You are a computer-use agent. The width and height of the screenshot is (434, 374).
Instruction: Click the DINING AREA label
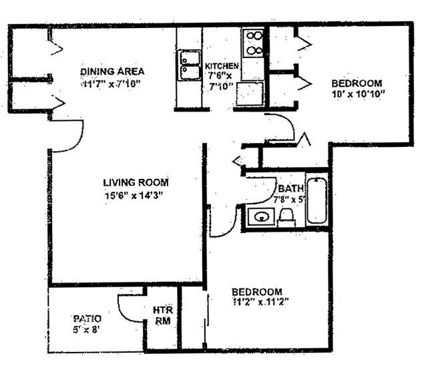pos(112,71)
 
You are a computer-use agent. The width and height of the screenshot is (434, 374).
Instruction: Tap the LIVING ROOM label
pos(136,182)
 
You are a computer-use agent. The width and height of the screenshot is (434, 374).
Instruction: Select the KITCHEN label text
pos(222,66)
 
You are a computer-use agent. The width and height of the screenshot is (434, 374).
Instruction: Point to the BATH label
pos(291,188)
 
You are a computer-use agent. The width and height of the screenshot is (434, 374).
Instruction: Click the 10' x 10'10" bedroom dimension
pos(357,95)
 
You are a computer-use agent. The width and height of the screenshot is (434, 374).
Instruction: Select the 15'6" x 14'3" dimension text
pos(134,194)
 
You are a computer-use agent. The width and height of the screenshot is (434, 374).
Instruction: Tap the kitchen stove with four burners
pos(253,42)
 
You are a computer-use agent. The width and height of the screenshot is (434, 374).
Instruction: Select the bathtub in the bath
pos(316,201)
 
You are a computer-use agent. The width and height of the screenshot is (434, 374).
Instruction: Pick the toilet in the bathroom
pos(287,216)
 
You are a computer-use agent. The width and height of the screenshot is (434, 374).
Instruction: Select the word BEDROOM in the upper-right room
pos(357,83)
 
